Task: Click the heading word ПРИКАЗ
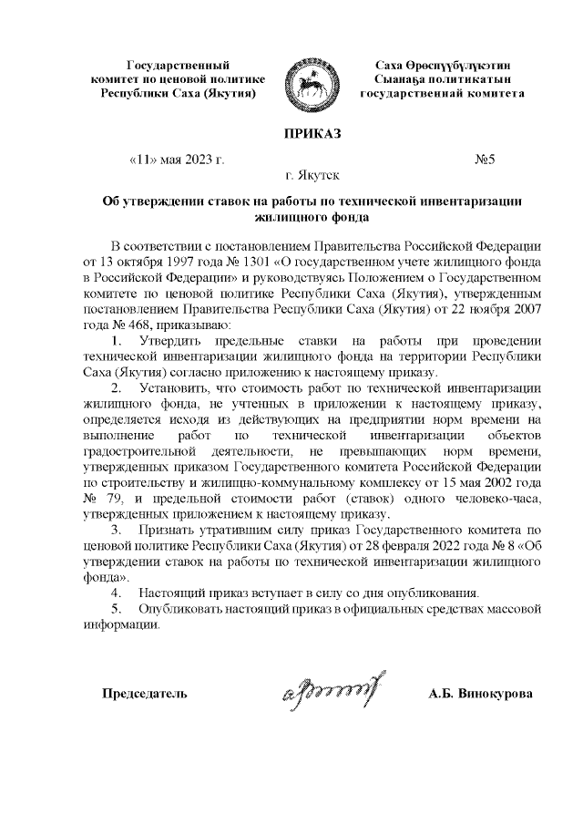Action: click(313, 134)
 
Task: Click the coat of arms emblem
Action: click(312, 79)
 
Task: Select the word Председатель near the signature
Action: click(144, 694)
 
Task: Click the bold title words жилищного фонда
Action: click(313, 218)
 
